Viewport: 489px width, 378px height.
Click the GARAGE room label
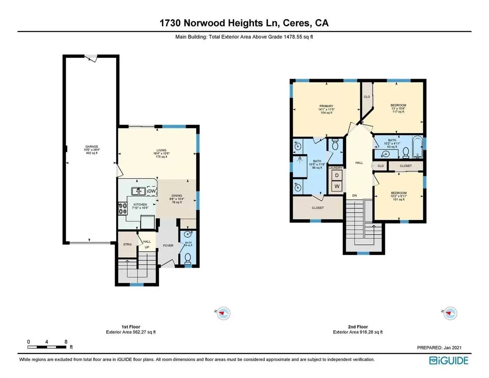pyautogui.click(x=92, y=147)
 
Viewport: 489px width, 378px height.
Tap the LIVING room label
pyautogui.click(x=161, y=150)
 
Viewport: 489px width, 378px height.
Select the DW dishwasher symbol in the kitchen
pyautogui.click(x=151, y=191)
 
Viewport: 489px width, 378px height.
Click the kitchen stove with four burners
pyautogui.click(x=123, y=209)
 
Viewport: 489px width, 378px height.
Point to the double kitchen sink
pyautogui.click(x=138, y=191)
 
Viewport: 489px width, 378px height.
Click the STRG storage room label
pyautogui.click(x=127, y=244)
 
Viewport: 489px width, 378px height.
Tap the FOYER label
pyautogui.click(x=168, y=246)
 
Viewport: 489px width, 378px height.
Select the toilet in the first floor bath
pyautogui.click(x=188, y=258)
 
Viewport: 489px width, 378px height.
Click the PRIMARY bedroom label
pyautogui.click(x=326, y=106)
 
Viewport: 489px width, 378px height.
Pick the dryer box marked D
pyautogui.click(x=337, y=175)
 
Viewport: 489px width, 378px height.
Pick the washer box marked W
pyautogui.click(x=337, y=186)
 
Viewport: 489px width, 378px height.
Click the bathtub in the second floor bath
pyautogui.click(x=417, y=147)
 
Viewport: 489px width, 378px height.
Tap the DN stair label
pyautogui.click(x=354, y=196)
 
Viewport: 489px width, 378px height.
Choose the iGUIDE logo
pyautogui.click(x=449, y=360)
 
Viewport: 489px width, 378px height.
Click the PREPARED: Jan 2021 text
pyautogui.click(x=439, y=348)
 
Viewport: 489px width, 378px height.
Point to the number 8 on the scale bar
pyautogui.click(x=66, y=342)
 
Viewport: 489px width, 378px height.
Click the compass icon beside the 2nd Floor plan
pyautogui.click(x=450, y=313)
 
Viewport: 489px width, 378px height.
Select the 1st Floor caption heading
pyautogui.click(x=131, y=327)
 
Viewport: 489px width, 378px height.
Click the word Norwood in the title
pyautogui.click(x=204, y=23)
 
